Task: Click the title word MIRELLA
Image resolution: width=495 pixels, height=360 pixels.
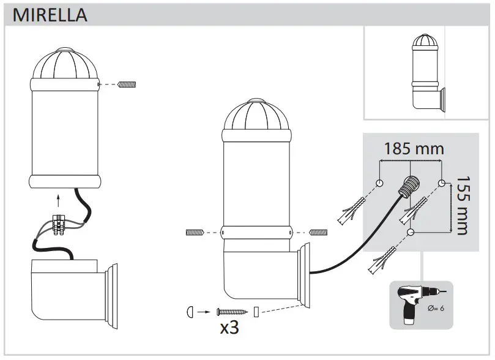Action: [50, 15]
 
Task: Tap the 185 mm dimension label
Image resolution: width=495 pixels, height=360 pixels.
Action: [414, 149]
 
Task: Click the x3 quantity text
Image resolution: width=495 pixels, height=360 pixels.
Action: [229, 328]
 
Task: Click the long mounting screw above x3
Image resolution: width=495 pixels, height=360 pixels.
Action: [229, 312]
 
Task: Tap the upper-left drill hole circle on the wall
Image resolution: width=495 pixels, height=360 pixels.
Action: [380, 183]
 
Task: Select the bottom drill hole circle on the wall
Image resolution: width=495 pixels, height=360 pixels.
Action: [411, 232]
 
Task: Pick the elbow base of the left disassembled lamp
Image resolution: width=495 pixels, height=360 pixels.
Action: [67, 287]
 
